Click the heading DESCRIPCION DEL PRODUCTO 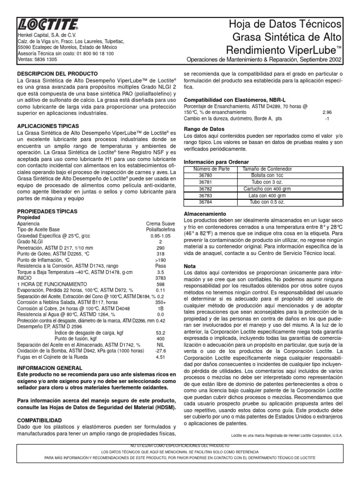point(57,74)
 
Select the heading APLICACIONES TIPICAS point(48,127)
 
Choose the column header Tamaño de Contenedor point(267,168)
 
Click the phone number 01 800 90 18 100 point(92,53)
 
